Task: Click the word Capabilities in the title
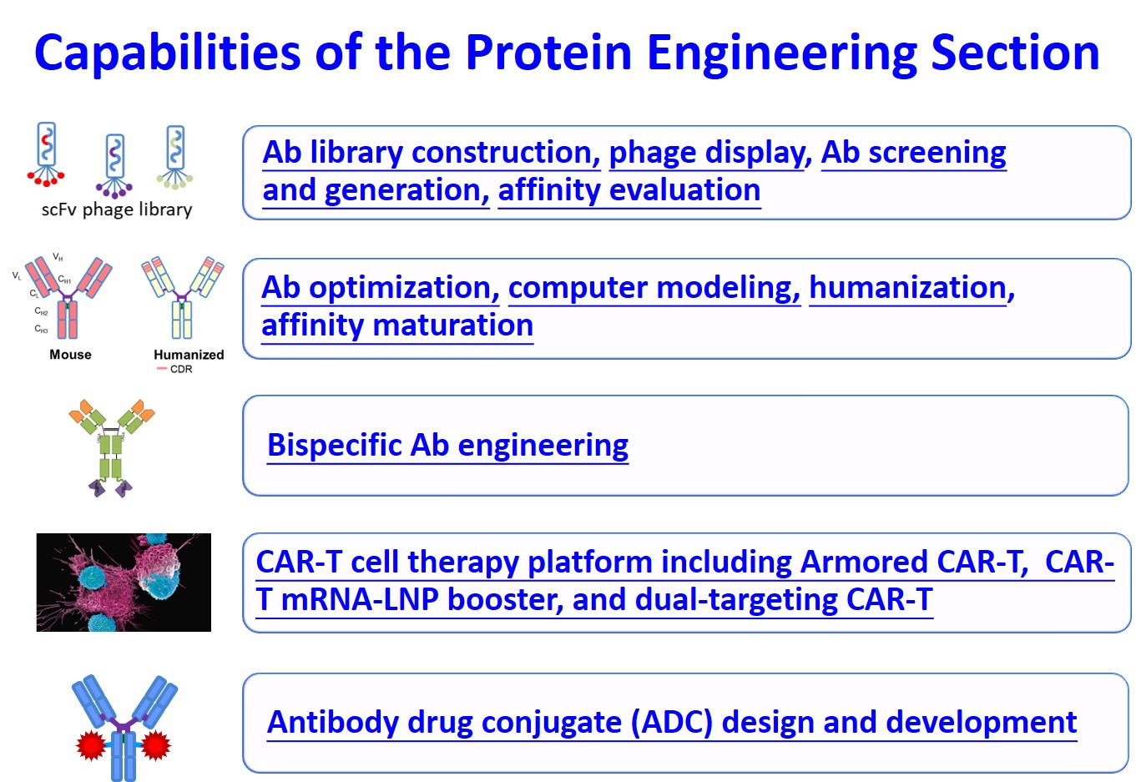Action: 168,53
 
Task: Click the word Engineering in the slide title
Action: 782,53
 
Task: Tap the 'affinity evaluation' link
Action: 629,190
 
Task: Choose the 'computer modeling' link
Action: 654,288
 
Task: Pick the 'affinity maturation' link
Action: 397,325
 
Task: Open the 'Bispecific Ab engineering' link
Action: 448,446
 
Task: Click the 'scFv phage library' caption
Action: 117,209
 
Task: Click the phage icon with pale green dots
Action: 175,157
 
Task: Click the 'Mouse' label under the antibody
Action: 70,355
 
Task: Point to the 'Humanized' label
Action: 189,355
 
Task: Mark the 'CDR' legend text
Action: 181,369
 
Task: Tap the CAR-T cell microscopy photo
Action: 124,583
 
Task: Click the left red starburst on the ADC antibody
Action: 91,746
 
